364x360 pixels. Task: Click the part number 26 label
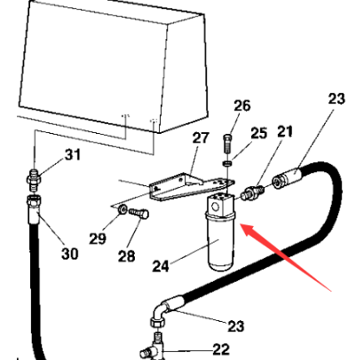(x=242, y=106)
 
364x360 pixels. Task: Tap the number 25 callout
(x=259, y=133)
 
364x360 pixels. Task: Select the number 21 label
(x=284, y=131)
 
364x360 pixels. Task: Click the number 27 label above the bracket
(x=201, y=137)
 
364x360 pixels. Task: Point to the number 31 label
(x=73, y=154)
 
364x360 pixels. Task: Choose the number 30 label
(x=70, y=254)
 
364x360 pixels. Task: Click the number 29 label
(x=98, y=239)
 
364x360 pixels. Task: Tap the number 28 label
(x=127, y=256)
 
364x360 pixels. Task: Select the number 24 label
(x=161, y=266)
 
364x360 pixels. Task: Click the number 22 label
(x=221, y=349)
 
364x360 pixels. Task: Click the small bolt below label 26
(x=227, y=144)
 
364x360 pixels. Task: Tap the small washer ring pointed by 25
(x=226, y=163)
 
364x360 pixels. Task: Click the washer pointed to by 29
(x=123, y=209)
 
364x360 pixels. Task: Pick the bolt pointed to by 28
(x=138, y=213)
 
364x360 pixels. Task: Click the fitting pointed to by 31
(x=34, y=180)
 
